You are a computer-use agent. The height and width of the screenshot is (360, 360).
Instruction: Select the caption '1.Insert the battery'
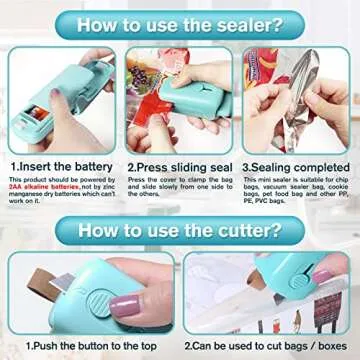(x=59, y=168)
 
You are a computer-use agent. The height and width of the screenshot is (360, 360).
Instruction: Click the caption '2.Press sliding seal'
(x=179, y=168)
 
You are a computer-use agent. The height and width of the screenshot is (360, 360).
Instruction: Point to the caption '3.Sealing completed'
(x=297, y=168)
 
